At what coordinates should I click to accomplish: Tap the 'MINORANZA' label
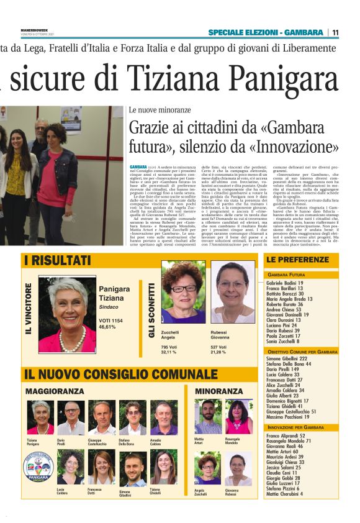click(x=218, y=392)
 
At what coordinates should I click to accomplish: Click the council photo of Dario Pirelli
click(x=70, y=418)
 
